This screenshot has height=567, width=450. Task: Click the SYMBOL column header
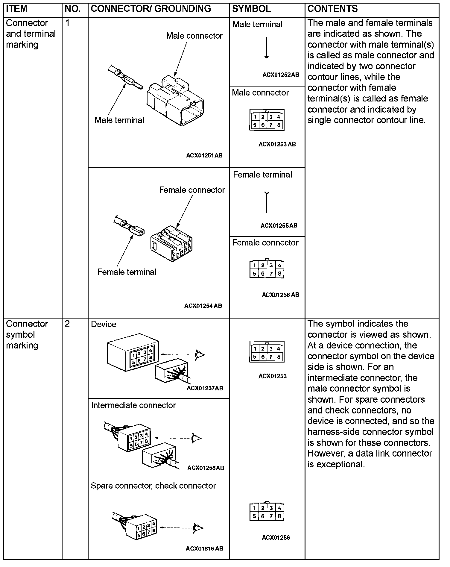tap(251, 9)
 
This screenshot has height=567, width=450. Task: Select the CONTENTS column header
tap(332, 9)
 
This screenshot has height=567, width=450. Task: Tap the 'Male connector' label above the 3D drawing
tap(194, 36)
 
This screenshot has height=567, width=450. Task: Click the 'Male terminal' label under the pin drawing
tap(119, 120)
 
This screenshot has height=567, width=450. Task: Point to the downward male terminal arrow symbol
tap(267, 48)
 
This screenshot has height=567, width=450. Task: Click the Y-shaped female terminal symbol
tap(267, 202)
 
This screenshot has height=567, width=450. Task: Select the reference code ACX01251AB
tap(204, 155)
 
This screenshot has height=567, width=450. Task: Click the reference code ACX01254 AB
tap(203, 306)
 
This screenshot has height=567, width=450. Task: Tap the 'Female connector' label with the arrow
tap(192, 190)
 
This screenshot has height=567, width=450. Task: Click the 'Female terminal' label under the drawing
tap(127, 272)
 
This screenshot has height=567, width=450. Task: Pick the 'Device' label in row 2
tap(104, 324)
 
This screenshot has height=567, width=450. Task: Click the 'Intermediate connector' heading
tap(133, 405)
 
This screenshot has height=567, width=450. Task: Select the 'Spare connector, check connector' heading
tap(153, 486)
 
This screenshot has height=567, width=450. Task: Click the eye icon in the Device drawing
tap(200, 354)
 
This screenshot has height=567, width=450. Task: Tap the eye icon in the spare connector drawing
tap(198, 527)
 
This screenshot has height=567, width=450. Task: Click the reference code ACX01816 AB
tap(204, 548)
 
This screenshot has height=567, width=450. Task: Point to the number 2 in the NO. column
tap(67, 324)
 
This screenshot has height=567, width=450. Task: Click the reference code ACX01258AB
tap(206, 468)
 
